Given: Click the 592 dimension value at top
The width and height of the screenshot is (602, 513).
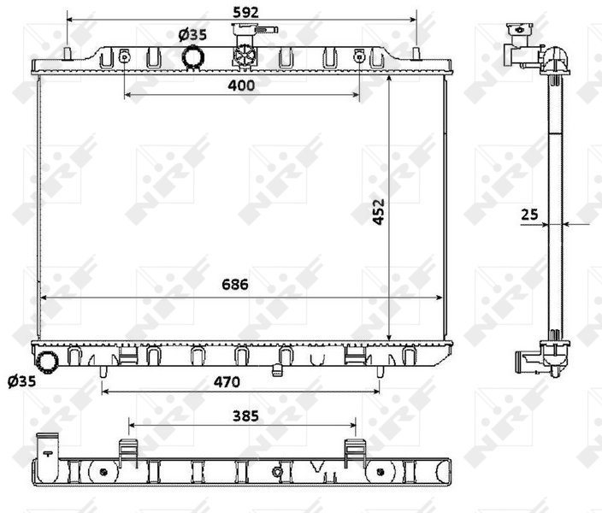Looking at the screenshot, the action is click(245, 12).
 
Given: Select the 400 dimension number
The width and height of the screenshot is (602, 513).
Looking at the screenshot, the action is click(241, 85).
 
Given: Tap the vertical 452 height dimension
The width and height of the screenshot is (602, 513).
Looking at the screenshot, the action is click(379, 211).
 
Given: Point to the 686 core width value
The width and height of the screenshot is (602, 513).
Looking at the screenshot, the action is click(235, 285).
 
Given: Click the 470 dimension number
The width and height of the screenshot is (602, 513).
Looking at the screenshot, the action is click(227, 382).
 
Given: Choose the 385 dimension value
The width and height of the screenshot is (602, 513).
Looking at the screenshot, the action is click(245, 416).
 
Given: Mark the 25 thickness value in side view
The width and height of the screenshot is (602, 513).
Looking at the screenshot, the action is click(530, 215).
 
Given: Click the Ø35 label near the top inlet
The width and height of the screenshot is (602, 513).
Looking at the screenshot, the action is click(192, 35).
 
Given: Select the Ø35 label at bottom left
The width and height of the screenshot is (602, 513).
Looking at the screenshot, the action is click(22, 381).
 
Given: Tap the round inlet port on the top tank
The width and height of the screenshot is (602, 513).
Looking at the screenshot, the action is click(192, 57).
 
